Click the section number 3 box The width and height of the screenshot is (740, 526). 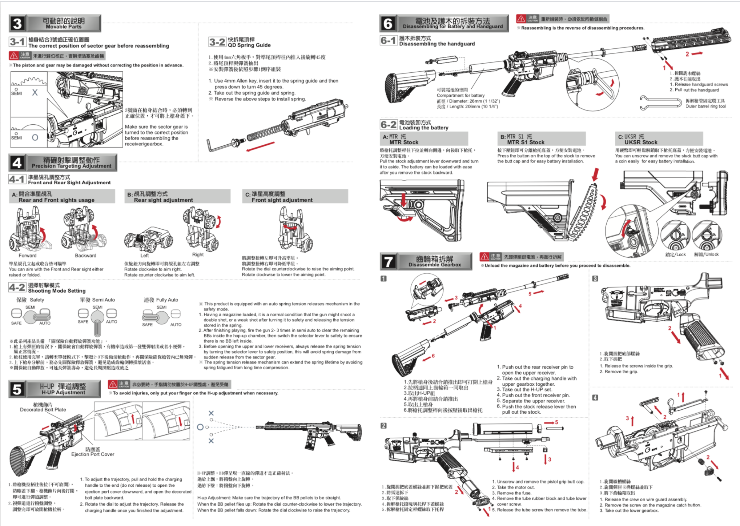tap(17, 24)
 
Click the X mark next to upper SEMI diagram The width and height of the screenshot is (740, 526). tap(35, 92)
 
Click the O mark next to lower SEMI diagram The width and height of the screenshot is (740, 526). tap(35, 137)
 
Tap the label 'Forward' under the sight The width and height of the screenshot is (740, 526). tap(28, 256)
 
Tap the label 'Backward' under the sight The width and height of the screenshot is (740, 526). tap(85, 256)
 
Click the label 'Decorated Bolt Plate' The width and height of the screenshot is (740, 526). tap(43, 410)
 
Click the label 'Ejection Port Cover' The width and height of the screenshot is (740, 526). tap(93, 454)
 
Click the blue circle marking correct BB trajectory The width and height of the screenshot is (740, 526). tap(200, 427)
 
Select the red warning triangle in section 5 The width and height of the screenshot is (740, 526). tap(113, 385)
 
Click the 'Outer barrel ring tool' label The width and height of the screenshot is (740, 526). tap(705, 107)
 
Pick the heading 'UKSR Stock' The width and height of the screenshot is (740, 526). tap(641, 142)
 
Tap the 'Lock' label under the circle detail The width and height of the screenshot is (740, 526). tap(675, 254)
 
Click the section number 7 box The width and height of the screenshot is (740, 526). tap(388, 262)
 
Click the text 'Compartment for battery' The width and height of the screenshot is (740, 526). tap(461, 95)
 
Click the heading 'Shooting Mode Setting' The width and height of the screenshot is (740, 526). tap(57, 291)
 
